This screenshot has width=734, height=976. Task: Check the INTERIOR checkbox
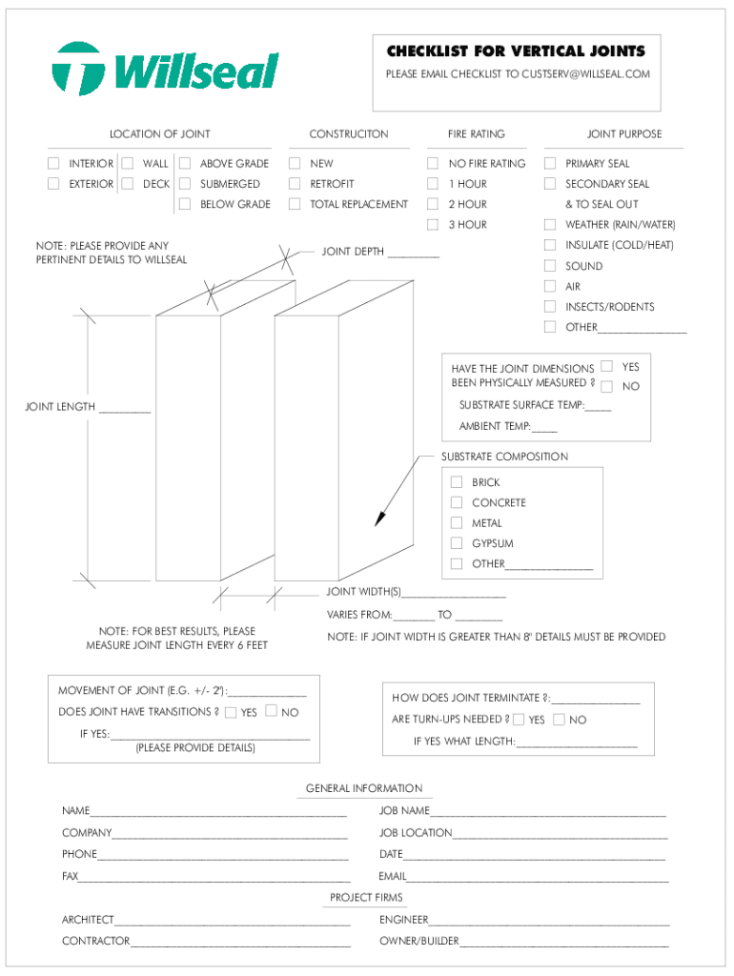(x=54, y=164)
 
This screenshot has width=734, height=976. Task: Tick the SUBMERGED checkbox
(x=185, y=184)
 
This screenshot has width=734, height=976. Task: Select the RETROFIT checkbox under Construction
(x=296, y=184)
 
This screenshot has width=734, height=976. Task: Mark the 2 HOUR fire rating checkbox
(x=433, y=204)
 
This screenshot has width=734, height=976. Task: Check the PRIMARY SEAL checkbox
(x=550, y=164)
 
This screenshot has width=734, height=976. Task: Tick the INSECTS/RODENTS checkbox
(x=550, y=307)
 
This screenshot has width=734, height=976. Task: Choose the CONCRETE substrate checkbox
(x=457, y=502)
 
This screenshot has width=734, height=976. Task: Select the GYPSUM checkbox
(x=457, y=543)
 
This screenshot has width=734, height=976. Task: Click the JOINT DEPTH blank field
(x=414, y=253)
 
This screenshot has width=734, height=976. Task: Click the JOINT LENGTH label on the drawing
(x=59, y=407)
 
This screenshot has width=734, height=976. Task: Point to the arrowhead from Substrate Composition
(x=378, y=518)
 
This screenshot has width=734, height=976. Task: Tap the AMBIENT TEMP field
(x=545, y=427)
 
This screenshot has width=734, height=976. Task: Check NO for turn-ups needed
(x=559, y=720)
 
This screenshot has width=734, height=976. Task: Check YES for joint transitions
(x=230, y=712)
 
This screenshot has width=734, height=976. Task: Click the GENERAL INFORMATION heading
(x=364, y=788)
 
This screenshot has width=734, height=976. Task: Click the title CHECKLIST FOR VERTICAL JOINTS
(x=516, y=51)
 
